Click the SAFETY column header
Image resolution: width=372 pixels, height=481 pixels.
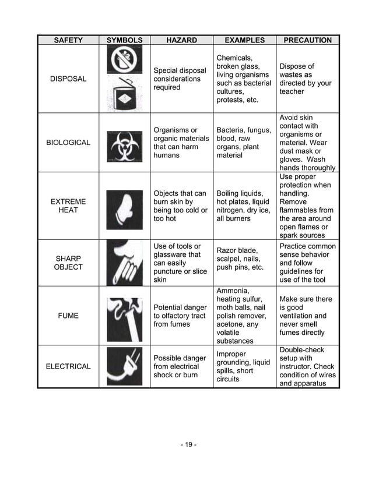coord(68,40)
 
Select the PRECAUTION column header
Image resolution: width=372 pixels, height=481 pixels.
coord(307,40)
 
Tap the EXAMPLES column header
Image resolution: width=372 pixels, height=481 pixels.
coord(244,40)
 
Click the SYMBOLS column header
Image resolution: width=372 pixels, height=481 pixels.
coord(124,40)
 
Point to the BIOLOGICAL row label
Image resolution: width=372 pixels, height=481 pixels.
coord(68,143)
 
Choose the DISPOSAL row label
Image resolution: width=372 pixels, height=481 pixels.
coord(68,79)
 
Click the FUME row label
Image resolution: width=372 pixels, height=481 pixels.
coord(68,316)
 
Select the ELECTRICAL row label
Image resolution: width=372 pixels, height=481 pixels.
coord(68,366)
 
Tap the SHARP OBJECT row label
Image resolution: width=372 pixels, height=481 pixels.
coord(68,263)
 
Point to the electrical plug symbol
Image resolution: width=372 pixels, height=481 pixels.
coord(124,366)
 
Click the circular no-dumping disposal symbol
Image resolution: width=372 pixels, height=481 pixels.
coord(124,60)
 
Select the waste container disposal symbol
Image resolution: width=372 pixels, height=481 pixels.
coord(124,94)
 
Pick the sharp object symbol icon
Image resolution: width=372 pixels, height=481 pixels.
coord(124,263)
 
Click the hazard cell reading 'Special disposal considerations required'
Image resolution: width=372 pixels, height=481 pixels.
coord(180,79)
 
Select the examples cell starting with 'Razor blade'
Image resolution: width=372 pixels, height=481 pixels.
coord(240,259)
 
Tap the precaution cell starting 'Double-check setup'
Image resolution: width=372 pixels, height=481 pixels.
coord(307,366)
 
